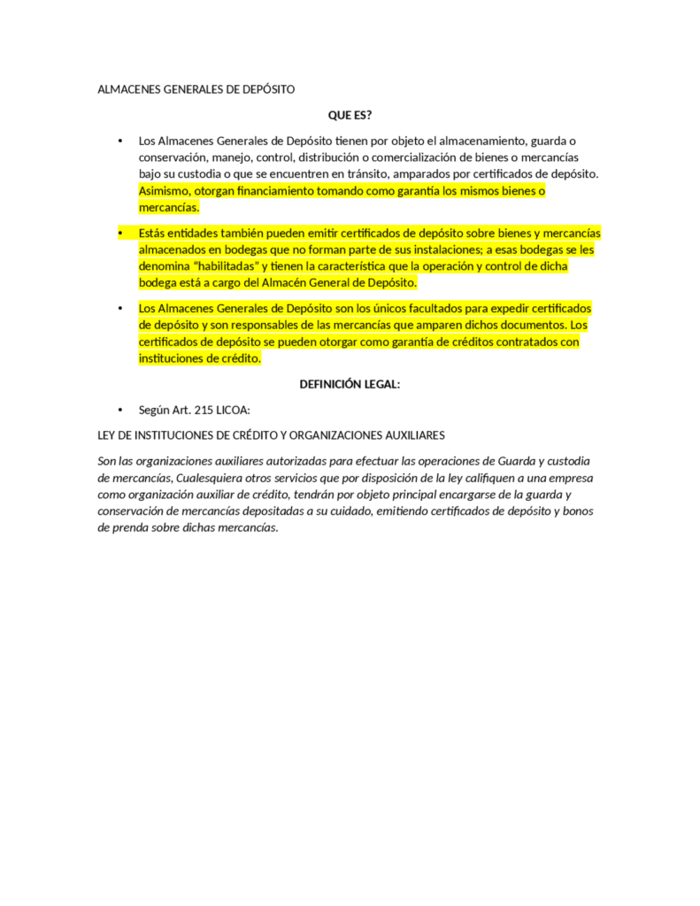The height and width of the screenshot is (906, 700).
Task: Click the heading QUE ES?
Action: pos(350,115)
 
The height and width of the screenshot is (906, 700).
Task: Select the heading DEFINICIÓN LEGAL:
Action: pos(350,384)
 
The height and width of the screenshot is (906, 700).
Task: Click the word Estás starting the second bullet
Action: pos(153,234)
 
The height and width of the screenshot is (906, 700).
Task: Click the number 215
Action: pos(204,410)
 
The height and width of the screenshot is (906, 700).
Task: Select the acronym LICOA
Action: pos(234,410)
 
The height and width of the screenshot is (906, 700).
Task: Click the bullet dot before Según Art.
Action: pos(120,410)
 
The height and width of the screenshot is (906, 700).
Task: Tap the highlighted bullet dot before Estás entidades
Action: pos(120,234)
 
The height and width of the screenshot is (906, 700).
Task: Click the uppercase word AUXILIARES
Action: pos(411,435)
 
